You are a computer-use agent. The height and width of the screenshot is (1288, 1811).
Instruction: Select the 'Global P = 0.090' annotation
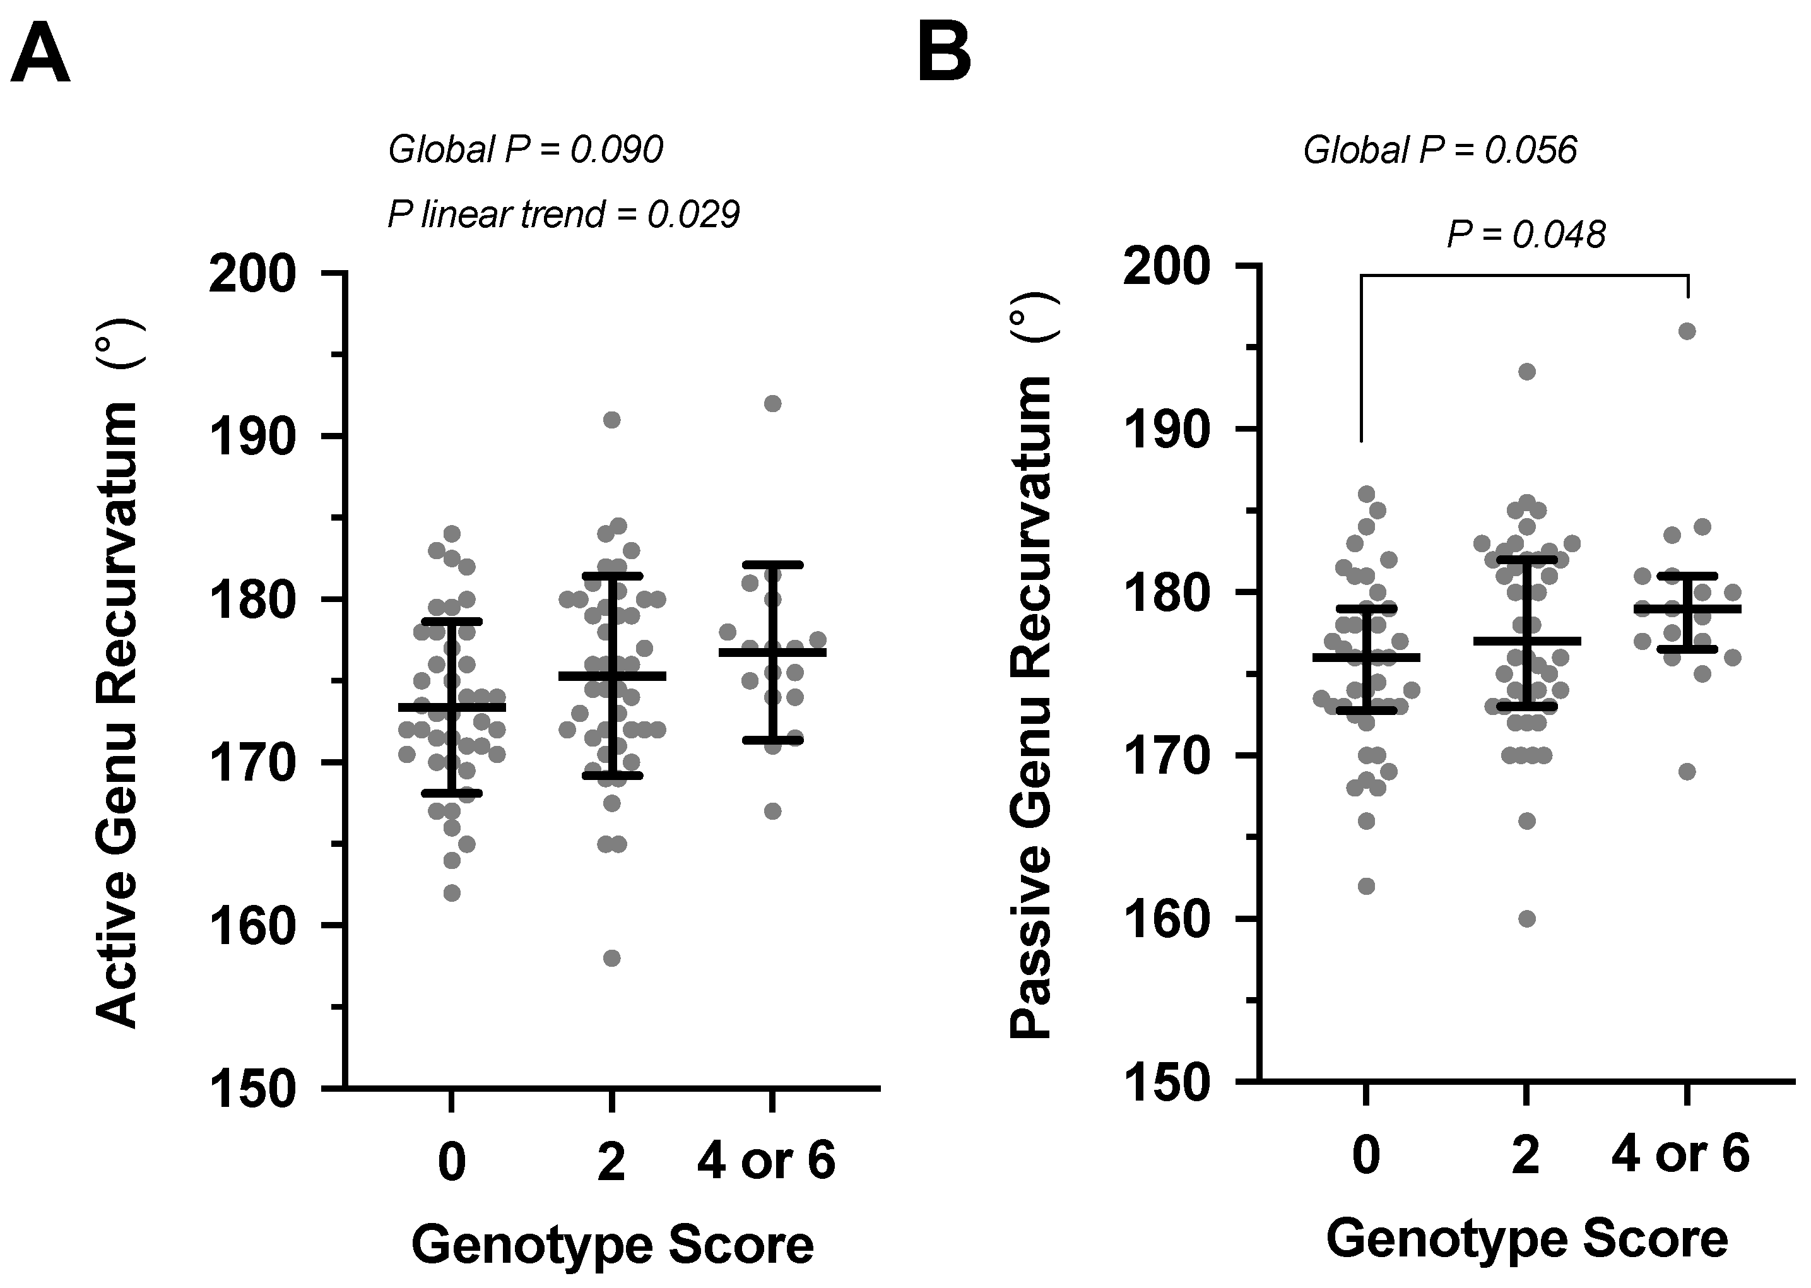click(525, 149)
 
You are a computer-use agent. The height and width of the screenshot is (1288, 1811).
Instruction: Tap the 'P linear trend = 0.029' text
click(563, 214)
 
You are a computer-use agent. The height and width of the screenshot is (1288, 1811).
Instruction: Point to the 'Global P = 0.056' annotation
click(1440, 149)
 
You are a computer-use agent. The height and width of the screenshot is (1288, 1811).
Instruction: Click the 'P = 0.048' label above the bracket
click(1526, 234)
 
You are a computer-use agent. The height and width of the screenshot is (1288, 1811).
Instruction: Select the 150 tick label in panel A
click(252, 1090)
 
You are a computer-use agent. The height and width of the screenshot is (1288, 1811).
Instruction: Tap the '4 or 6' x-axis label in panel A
click(766, 1161)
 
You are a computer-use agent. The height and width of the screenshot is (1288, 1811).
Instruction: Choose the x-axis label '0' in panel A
click(451, 1162)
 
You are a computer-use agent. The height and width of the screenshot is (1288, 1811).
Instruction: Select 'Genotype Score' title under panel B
click(1526, 1238)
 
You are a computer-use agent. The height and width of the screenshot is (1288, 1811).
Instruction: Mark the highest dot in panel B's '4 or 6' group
click(1687, 331)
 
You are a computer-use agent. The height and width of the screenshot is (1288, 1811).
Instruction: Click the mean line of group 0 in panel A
click(451, 707)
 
